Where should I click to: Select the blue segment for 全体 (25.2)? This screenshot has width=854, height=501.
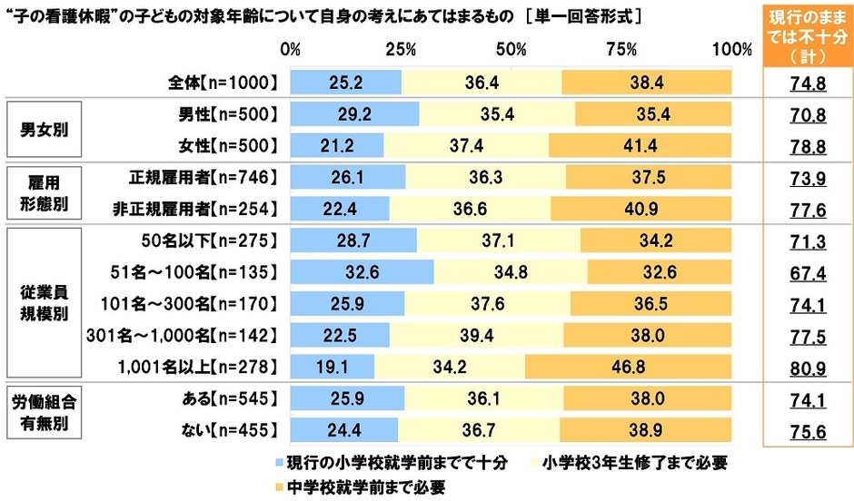(x=345, y=83)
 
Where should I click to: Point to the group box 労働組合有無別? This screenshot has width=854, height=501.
(x=49, y=413)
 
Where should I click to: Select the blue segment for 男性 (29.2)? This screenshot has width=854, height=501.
(x=354, y=114)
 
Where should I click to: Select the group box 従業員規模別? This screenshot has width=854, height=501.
(x=49, y=303)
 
